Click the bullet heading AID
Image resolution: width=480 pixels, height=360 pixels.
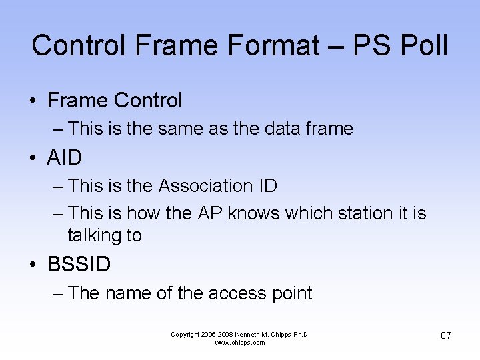point(65,158)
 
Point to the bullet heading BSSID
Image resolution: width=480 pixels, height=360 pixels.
point(79,265)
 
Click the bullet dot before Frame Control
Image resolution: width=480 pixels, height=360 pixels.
point(33,101)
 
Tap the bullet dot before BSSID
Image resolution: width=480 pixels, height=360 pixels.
point(33,265)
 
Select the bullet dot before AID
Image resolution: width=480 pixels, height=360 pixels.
point(33,159)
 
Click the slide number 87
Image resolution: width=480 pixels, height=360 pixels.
point(445,335)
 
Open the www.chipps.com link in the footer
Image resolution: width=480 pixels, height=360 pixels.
point(240,343)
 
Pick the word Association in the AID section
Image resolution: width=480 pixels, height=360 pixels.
point(197,186)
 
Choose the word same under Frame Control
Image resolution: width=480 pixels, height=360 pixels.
point(181,128)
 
